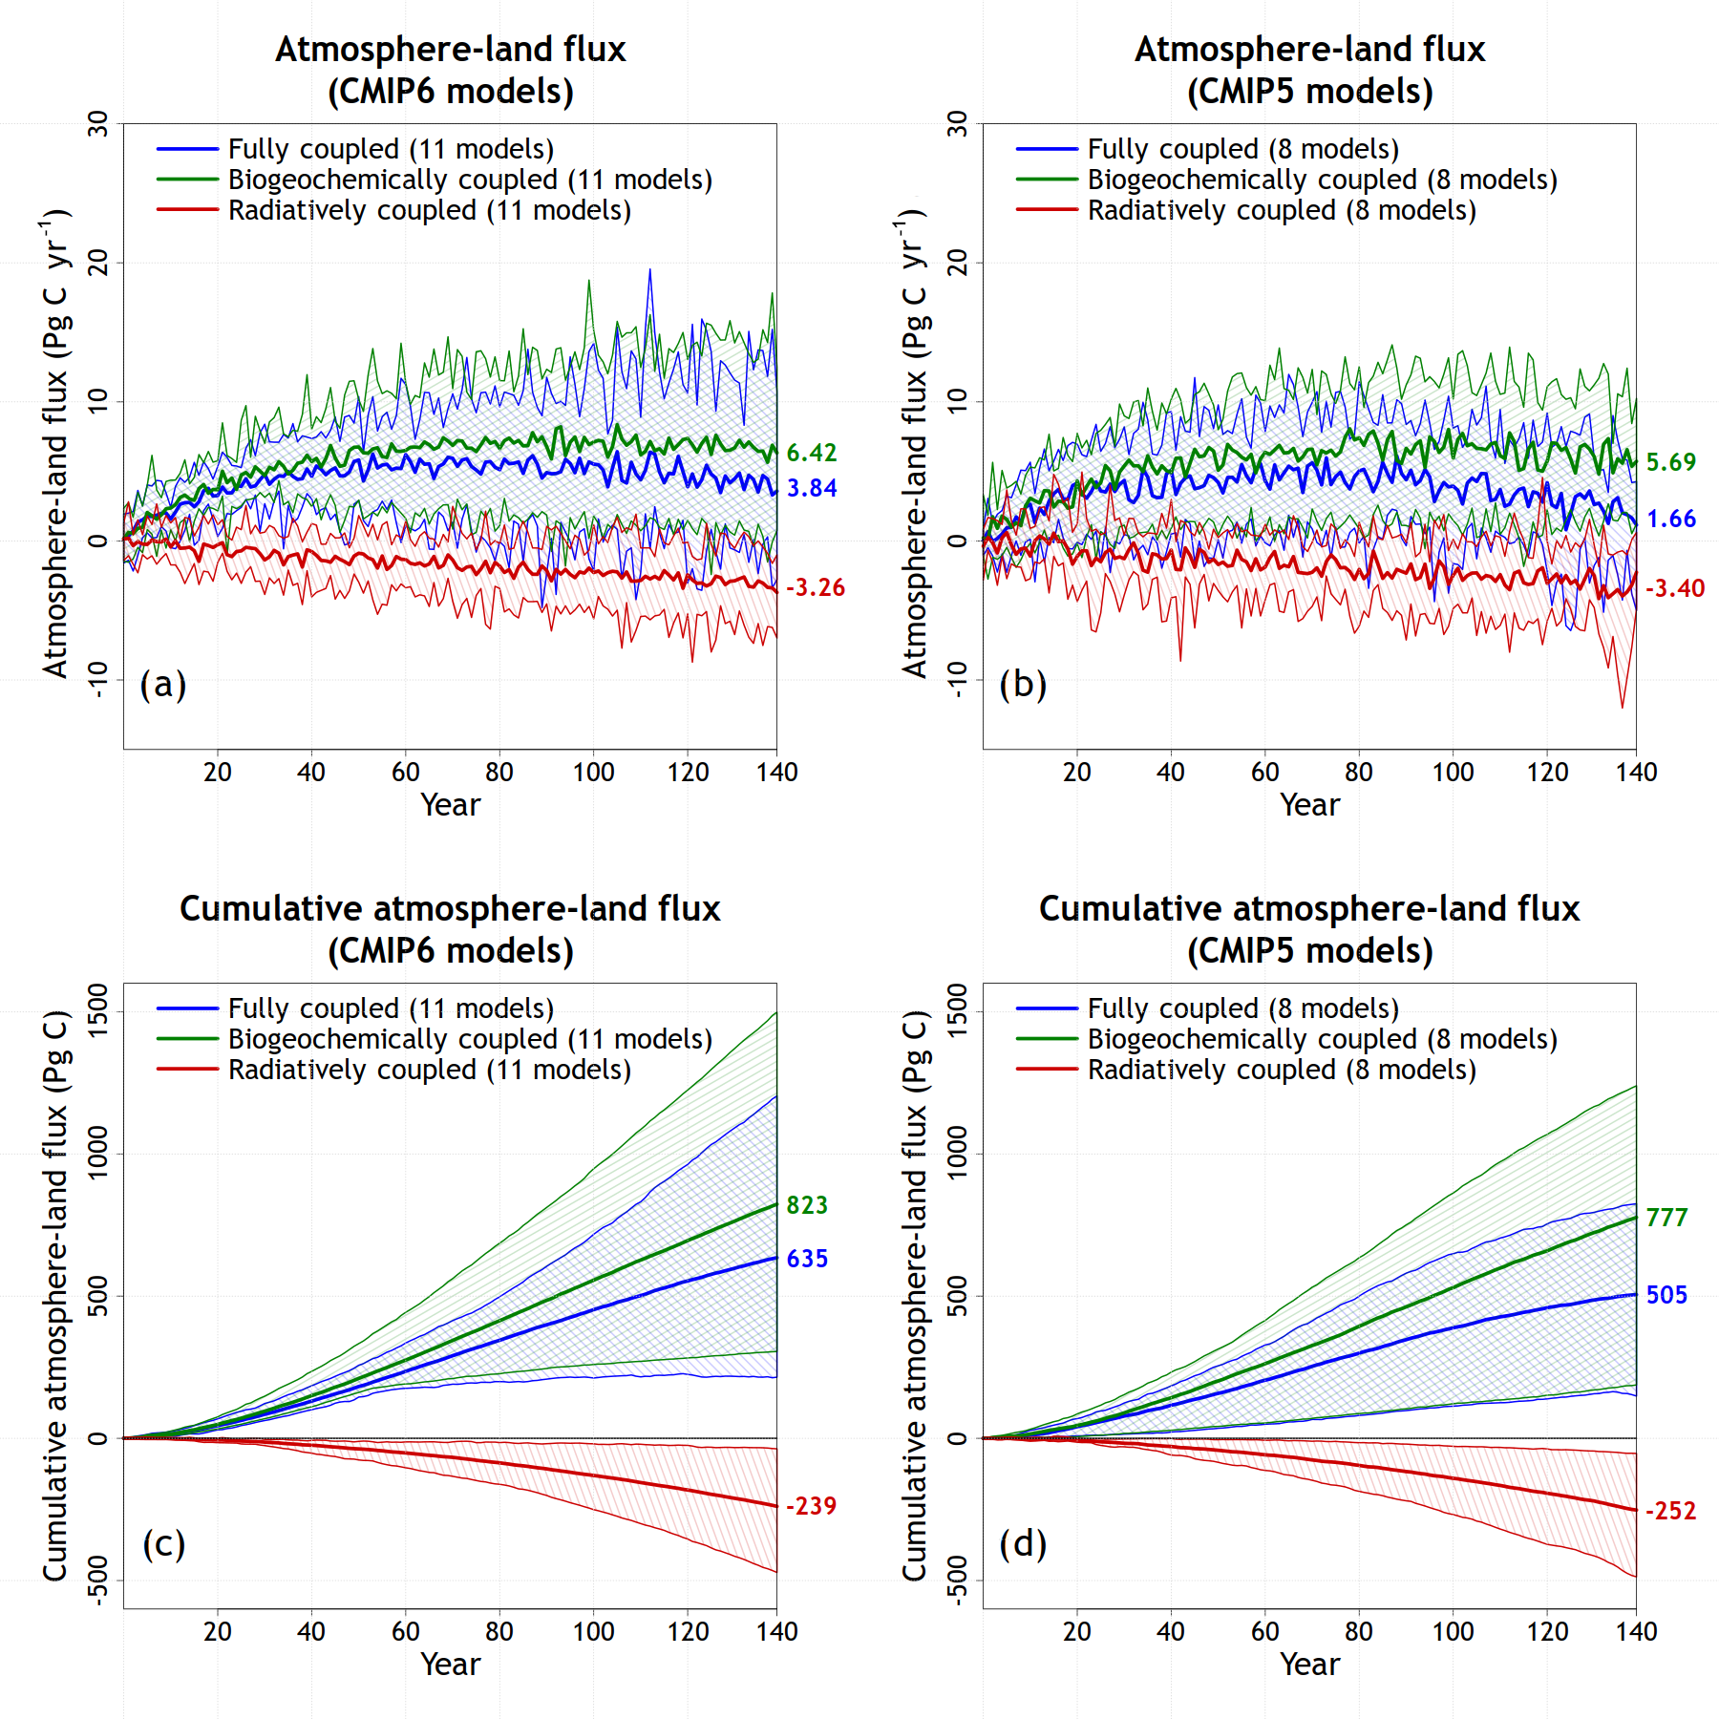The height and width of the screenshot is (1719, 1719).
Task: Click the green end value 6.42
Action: pos(811,453)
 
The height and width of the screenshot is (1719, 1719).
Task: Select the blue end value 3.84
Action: pos(811,488)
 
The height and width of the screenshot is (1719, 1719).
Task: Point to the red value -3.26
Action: pos(815,587)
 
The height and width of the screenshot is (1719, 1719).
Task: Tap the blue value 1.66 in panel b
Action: pos(1671,519)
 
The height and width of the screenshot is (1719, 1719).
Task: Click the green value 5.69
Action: pos(1670,462)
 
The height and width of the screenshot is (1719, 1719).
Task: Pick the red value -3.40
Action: pos(1674,588)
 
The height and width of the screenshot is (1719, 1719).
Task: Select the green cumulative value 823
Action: pos(806,1205)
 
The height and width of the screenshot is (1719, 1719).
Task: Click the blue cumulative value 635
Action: pos(806,1259)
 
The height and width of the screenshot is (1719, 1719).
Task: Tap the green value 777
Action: pos(1666,1218)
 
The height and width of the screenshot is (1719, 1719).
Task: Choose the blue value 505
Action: pos(1666,1295)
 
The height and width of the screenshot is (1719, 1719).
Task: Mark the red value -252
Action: pos(1670,1511)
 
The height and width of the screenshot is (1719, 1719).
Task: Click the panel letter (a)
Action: pos(163,684)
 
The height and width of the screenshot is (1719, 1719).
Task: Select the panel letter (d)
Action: pos(1023,1543)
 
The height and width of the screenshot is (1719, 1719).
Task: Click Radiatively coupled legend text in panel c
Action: pos(429,1070)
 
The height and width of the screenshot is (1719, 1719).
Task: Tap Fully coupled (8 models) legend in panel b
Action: pos(1242,149)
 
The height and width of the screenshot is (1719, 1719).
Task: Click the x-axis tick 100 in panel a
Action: pos(593,772)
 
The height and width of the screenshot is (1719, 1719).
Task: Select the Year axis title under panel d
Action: pos(1309,1664)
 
